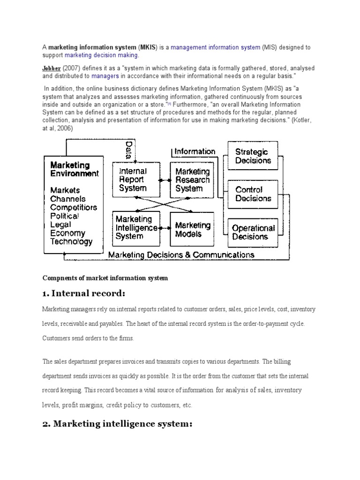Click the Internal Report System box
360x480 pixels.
coord(136,180)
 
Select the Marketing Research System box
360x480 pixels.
coord(192,180)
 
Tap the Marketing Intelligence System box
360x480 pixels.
coord(136,227)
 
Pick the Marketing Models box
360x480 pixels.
coord(192,227)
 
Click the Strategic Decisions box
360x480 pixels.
coord(253,156)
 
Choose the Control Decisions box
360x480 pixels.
coord(253,194)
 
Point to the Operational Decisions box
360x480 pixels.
coord(253,232)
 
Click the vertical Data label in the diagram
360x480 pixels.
coord(128,150)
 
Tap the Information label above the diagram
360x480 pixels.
coord(195,151)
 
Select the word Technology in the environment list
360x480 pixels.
coord(71,242)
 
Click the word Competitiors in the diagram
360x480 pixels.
coord(74,207)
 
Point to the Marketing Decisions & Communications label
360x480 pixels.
coord(181,255)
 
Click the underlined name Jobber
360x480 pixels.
coord(52,68)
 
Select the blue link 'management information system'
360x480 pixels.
coord(215,47)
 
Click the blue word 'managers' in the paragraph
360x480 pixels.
coord(105,75)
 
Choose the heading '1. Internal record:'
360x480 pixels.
coord(84,294)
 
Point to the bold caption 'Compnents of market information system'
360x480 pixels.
coord(105,278)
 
